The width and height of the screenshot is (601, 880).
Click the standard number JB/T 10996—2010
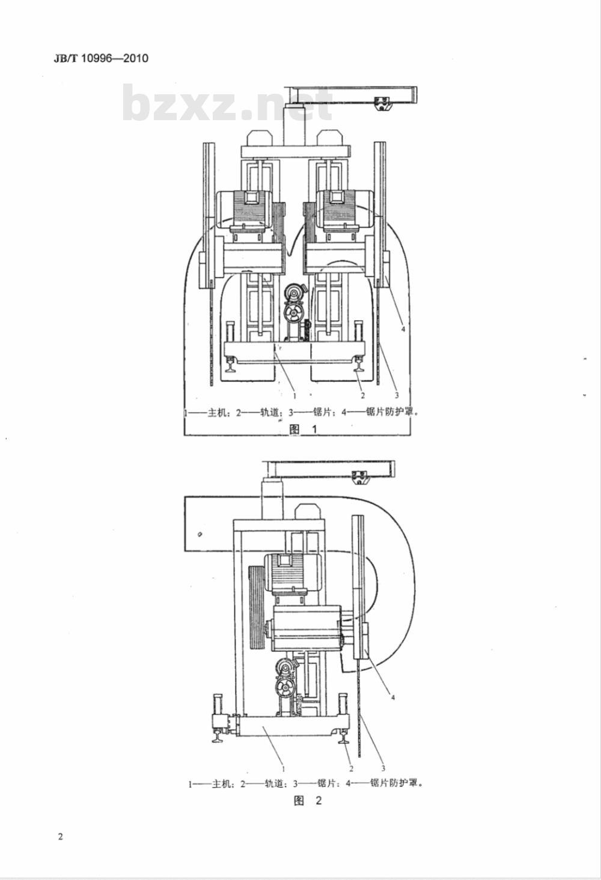101,58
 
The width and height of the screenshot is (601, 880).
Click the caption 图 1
303,429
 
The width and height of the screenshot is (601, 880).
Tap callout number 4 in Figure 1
403,329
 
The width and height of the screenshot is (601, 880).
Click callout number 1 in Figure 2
284,769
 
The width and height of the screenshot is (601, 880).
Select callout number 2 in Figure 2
351,768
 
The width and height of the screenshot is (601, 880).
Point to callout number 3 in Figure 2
383,768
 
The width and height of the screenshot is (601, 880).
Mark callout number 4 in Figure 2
392,697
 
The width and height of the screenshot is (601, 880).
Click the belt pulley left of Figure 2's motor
257,608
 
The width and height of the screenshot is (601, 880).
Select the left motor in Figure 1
243,210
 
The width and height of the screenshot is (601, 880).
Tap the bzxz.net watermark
228,103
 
